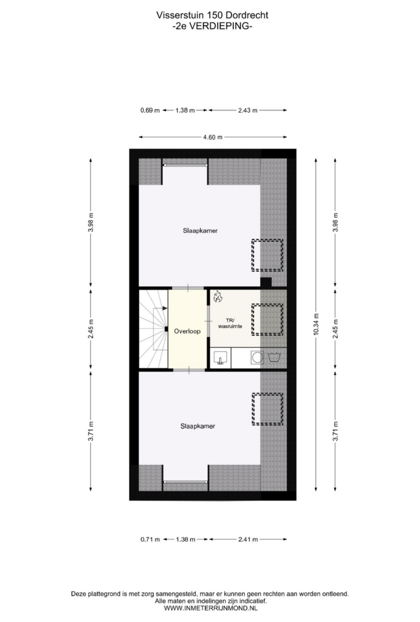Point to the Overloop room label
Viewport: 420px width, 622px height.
(187, 331)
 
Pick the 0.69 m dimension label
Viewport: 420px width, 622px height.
(150, 110)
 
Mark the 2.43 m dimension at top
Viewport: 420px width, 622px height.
(248, 110)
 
